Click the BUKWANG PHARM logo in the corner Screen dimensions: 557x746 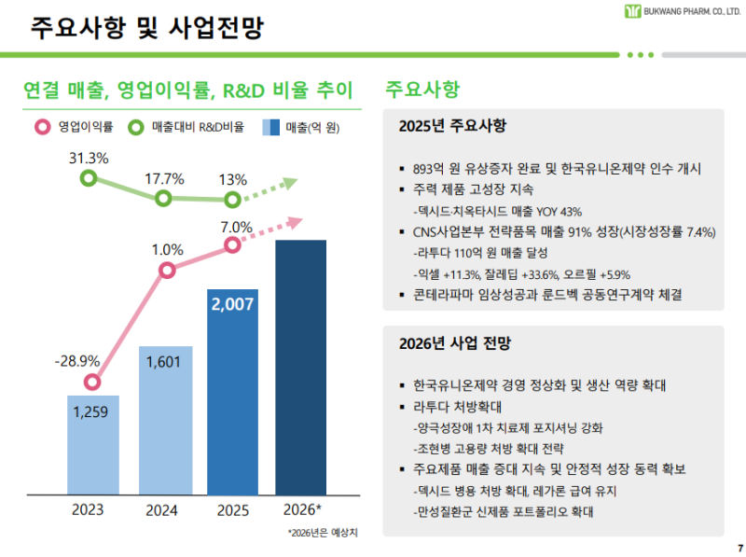pyautogui.click(x=672, y=12)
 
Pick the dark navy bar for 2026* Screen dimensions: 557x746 pyautogui.click(x=300, y=366)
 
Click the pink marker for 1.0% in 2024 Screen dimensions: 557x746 pyautogui.click(x=167, y=271)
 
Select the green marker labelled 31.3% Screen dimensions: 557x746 pyautogui.click(x=89, y=177)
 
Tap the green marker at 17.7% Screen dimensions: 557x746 pyautogui.click(x=163, y=198)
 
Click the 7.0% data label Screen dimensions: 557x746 pyautogui.click(x=236, y=227)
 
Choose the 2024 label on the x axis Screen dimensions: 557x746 pyautogui.click(x=162, y=510)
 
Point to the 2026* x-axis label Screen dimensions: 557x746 pyautogui.click(x=301, y=510)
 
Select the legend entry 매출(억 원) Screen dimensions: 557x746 pyautogui.click(x=300, y=126)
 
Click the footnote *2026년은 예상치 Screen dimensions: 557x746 pyautogui.click(x=323, y=533)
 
